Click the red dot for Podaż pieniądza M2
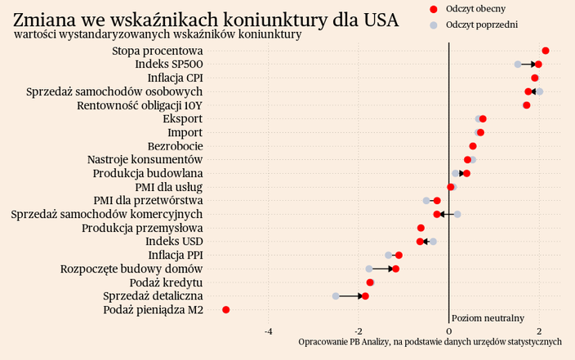point(226,310)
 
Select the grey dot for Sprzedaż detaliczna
point(336,296)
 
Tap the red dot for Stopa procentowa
point(546,51)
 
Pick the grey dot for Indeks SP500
point(518,64)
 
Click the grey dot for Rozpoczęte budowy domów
point(369,269)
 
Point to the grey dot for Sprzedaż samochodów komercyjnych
point(457,214)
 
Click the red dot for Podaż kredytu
point(370,282)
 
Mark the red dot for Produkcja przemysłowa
point(421,228)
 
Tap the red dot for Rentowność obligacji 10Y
point(527,105)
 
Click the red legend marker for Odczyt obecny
point(434,9)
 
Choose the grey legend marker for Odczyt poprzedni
point(434,25)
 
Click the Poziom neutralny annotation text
point(488,318)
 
